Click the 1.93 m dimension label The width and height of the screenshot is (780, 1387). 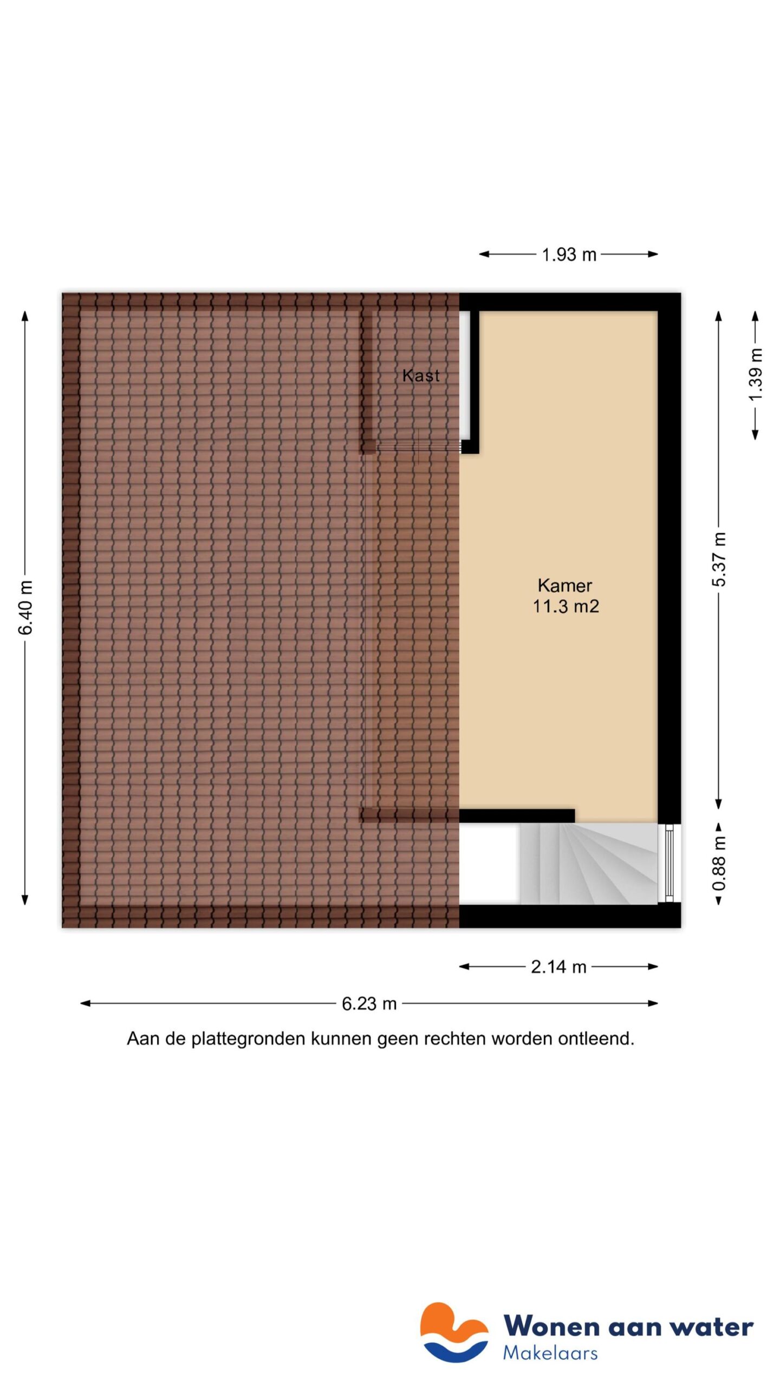[x=569, y=254]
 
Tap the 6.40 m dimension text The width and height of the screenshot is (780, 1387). [x=25, y=607]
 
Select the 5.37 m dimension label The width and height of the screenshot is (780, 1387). [x=719, y=559]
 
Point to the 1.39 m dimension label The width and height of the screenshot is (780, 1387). [x=755, y=374]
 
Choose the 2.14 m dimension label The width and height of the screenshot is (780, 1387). [x=558, y=967]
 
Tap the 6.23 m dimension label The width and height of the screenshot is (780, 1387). [x=369, y=1003]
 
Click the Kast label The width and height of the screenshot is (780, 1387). [x=421, y=375]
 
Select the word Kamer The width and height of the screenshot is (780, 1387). [x=564, y=585]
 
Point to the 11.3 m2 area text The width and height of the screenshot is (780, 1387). [x=565, y=606]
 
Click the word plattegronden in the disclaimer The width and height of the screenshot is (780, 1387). [x=249, y=1039]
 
